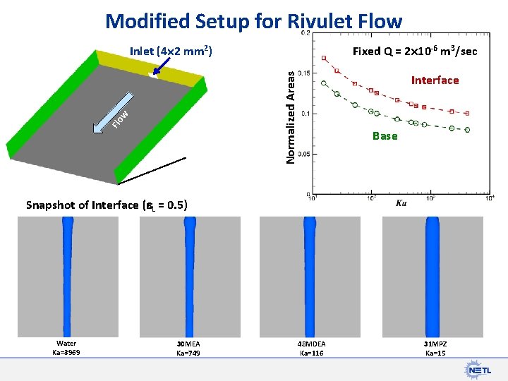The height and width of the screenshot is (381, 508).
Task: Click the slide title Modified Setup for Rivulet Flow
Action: (253, 21)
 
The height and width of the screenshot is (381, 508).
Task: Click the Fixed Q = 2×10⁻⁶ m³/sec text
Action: (415, 52)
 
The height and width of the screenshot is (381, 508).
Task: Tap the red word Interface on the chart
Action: (435, 80)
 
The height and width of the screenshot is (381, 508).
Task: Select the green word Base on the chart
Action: (385, 135)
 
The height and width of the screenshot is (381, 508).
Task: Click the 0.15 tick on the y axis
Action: (304, 73)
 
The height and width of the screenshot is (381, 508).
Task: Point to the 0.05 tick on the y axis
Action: (304, 154)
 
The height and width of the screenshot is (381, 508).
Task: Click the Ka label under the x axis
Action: (401, 204)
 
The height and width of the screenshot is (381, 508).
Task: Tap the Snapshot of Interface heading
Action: (107, 205)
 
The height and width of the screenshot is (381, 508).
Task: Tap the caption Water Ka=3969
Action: (66, 348)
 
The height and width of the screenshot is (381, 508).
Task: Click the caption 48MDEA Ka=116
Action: (310, 348)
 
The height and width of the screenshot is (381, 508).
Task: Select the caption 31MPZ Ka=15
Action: (435, 348)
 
